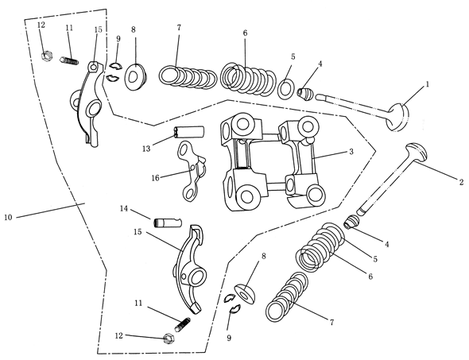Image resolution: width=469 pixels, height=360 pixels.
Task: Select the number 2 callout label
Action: (x=460, y=182)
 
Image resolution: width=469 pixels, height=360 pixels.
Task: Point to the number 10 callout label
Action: (x=9, y=216)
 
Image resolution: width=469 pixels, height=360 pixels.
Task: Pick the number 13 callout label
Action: (x=146, y=147)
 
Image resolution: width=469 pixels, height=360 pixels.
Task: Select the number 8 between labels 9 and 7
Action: (x=134, y=30)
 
